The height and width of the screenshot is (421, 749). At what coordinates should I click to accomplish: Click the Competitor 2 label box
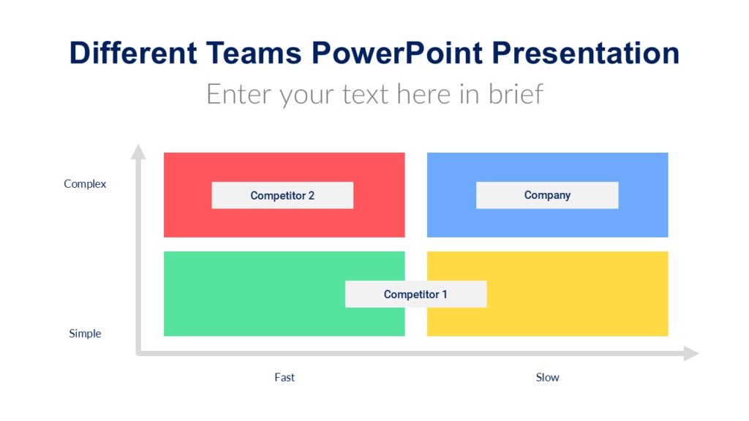(282, 195)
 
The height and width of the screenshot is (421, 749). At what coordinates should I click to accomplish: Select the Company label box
(547, 195)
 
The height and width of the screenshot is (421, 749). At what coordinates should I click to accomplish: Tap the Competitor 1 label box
(415, 294)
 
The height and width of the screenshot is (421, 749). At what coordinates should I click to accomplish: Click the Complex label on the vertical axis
(85, 183)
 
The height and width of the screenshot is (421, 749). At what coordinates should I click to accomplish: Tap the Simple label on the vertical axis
(85, 333)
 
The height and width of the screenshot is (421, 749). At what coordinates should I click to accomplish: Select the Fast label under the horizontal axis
(285, 377)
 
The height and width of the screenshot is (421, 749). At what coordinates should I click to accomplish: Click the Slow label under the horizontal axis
(547, 377)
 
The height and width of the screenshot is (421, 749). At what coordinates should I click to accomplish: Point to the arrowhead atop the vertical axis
(138, 151)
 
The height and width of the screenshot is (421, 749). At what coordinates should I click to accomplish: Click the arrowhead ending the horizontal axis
(690, 354)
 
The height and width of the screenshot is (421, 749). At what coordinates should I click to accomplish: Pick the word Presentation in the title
(585, 53)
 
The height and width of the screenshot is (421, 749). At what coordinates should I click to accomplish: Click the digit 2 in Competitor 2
(311, 195)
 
